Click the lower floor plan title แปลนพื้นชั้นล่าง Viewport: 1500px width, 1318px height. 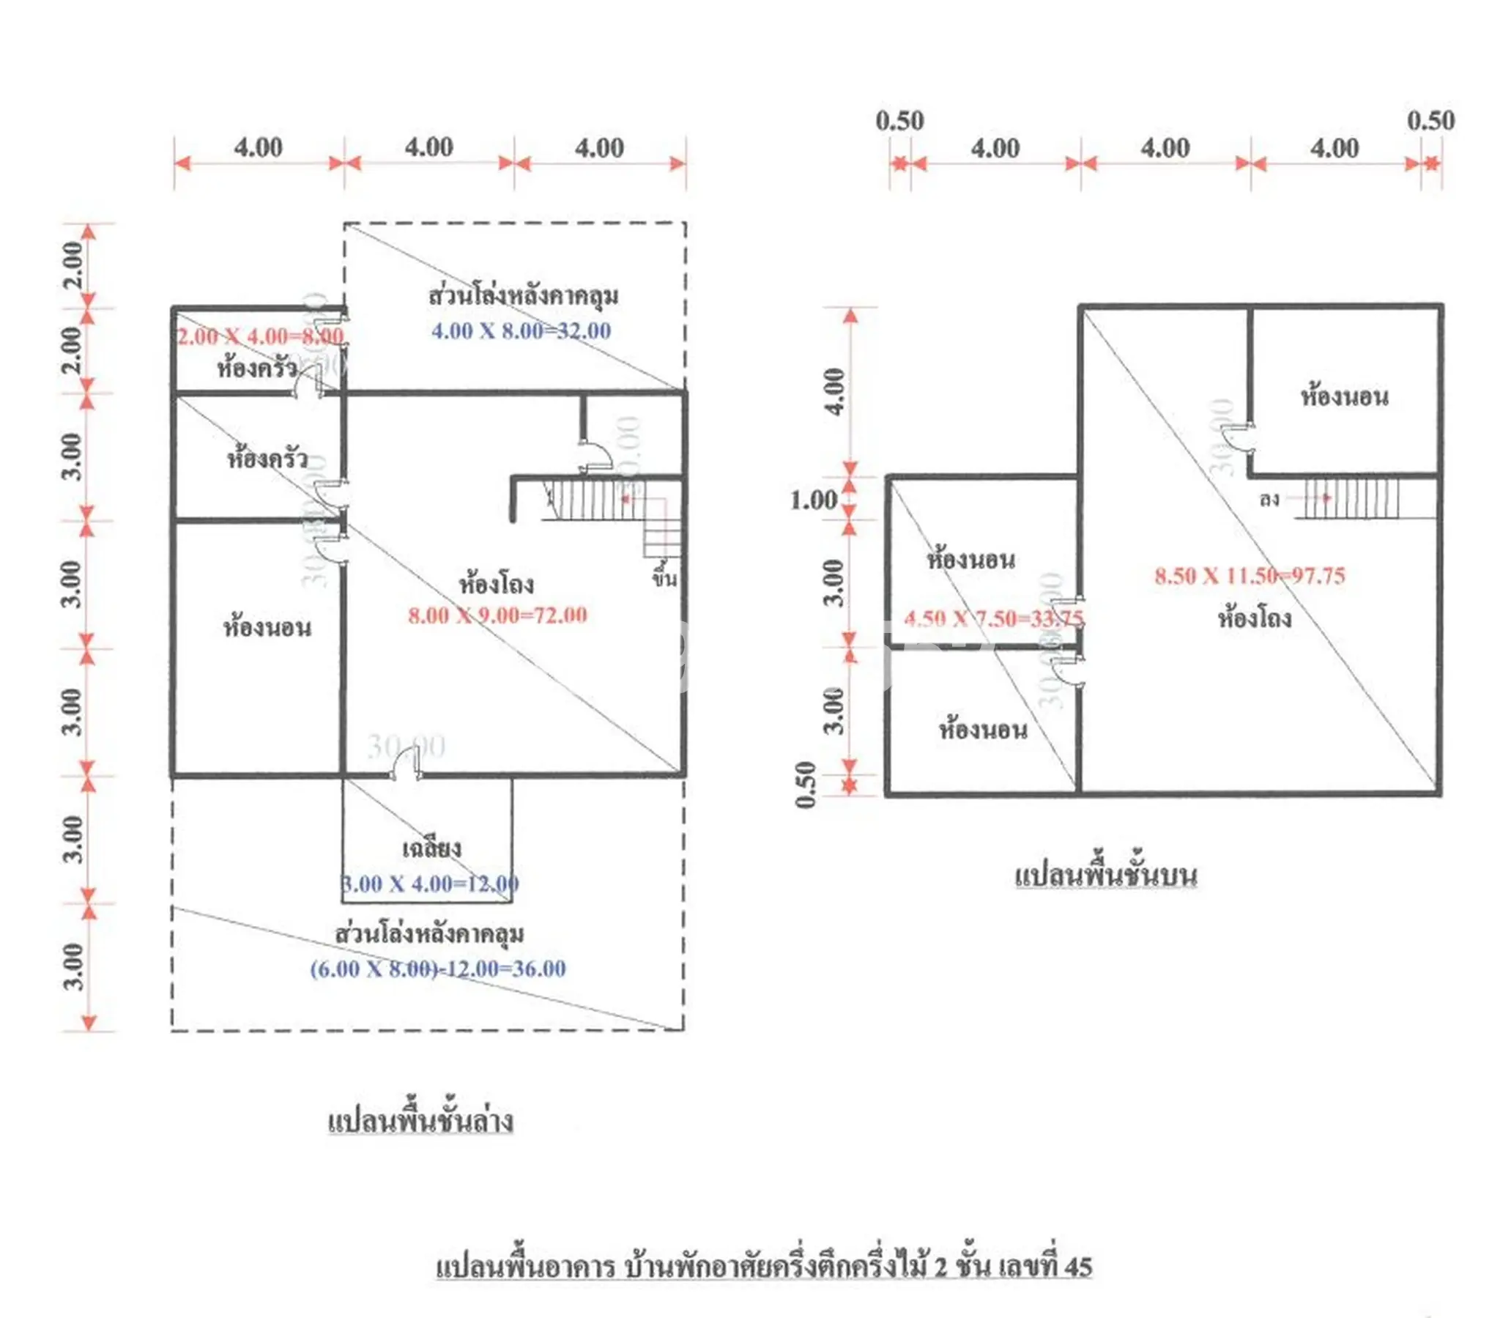pyautogui.click(x=420, y=1121)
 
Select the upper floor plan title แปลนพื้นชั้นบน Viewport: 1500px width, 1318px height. pyautogui.click(x=1106, y=875)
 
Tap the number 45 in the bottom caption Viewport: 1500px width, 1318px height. pyautogui.click(x=1077, y=1267)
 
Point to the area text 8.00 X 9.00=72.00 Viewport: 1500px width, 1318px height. pyautogui.click(x=497, y=615)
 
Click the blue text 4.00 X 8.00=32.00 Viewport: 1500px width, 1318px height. pyautogui.click(x=521, y=331)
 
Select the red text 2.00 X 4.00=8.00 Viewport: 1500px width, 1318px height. pyautogui.click(x=261, y=336)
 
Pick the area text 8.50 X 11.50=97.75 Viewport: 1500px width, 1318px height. pyautogui.click(x=1250, y=576)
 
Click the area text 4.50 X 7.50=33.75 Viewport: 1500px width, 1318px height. pyautogui.click(x=994, y=619)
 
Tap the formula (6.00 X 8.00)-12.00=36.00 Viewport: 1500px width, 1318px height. pyautogui.click(x=438, y=969)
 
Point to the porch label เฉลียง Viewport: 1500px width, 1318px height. pyautogui.click(x=431, y=849)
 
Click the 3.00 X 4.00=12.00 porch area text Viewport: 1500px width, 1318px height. pyautogui.click(x=431, y=884)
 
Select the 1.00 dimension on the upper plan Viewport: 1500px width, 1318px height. pyautogui.click(x=813, y=501)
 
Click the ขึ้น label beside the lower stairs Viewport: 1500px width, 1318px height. pyautogui.click(x=665, y=580)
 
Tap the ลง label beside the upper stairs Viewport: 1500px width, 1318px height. pyautogui.click(x=1269, y=500)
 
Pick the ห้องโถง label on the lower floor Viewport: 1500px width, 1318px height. pyautogui.click(x=496, y=585)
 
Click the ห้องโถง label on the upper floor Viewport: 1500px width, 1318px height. pyautogui.click(x=1255, y=618)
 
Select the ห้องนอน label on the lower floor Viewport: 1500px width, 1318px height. pyautogui.click(x=267, y=628)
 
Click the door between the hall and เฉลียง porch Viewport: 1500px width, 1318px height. pyautogui.click(x=406, y=767)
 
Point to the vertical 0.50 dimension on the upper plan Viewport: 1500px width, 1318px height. pyautogui.click(x=806, y=785)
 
